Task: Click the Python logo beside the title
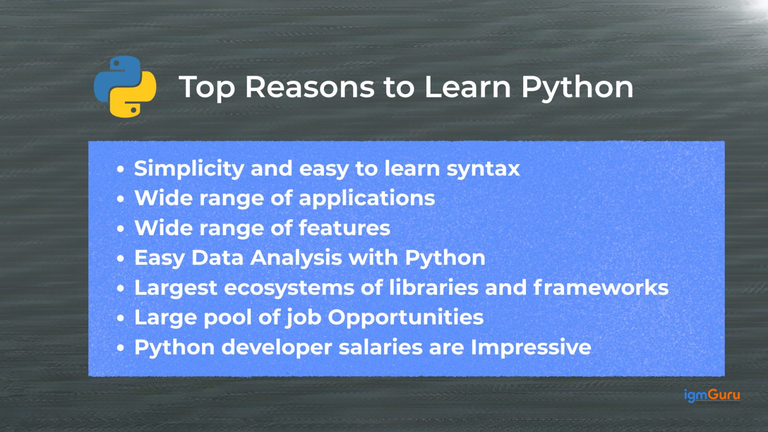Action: [125, 86]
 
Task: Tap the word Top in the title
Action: [207, 88]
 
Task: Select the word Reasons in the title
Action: [310, 87]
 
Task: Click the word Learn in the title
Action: [468, 87]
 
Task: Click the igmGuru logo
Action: [712, 396]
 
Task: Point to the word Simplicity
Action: [189, 169]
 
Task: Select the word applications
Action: [367, 199]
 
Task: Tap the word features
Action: [345, 228]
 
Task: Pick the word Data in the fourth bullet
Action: [217, 257]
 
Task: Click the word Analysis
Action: [296, 258]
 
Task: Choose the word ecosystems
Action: [289, 288]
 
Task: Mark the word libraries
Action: [434, 288]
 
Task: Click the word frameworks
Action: [601, 288]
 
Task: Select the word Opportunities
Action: [406, 318]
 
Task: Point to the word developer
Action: [276, 348]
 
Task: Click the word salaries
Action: [381, 347]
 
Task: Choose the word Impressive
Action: [531, 348]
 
